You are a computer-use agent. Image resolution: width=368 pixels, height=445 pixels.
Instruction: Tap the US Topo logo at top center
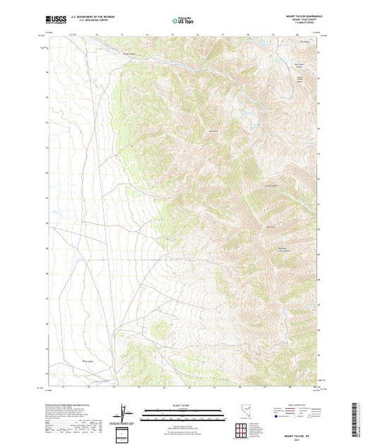183,22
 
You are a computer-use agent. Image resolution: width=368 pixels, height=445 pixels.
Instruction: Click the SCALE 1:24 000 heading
183,403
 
